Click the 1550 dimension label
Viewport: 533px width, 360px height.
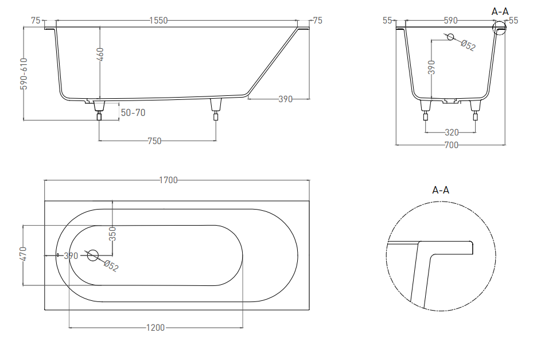pyautogui.click(x=159, y=21)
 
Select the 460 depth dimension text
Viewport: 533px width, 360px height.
pyautogui.click(x=100, y=55)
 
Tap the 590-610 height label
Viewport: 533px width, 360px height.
pyautogui.click(x=24, y=73)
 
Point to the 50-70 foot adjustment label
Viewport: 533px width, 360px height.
pyautogui.click(x=133, y=113)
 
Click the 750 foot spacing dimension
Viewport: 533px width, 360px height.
pyautogui.click(x=155, y=141)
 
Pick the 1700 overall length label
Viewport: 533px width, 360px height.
pyautogui.click(x=169, y=180)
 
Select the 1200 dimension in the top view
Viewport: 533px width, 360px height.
pyautogui.click(x=155, y=328)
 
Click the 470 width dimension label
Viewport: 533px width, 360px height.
pyautogui.click(x=23, y=254)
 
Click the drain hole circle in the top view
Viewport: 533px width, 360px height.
pyautogui.click(x=93, y=255)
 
